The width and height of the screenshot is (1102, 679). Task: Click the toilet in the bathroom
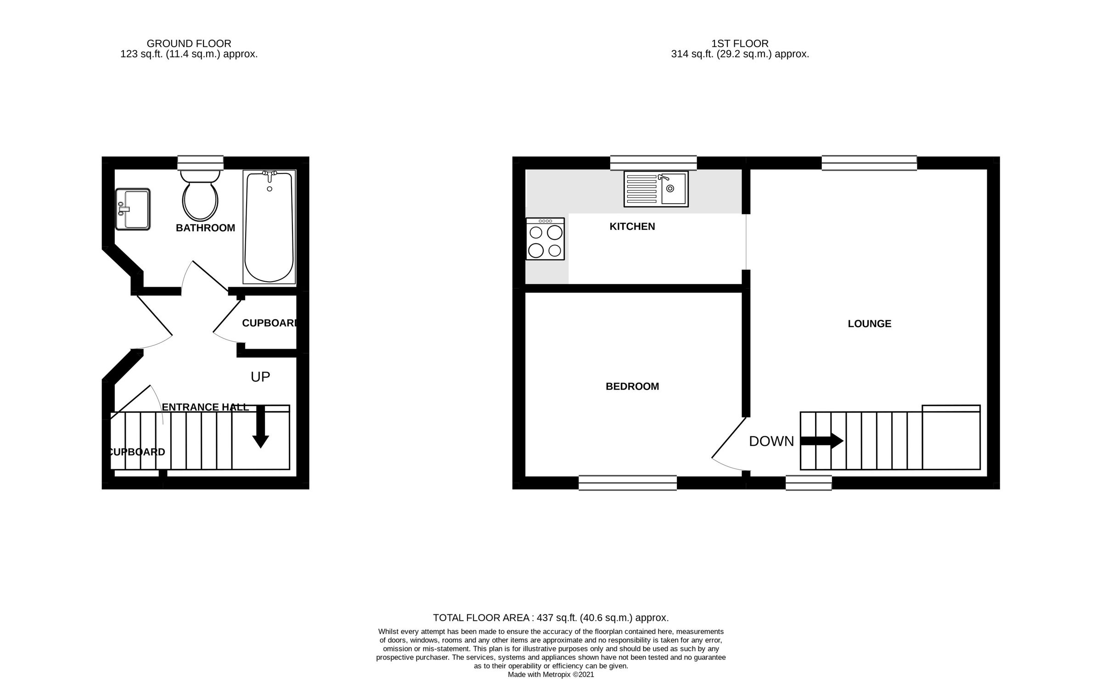[x=200, y=197]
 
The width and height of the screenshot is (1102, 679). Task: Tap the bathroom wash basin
[x=133, y=209]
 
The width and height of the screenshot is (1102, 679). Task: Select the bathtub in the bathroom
[x=269, y=227]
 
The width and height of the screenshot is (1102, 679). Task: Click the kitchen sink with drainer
[x=656, y=189]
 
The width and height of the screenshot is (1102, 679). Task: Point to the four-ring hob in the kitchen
[x=545, y=239]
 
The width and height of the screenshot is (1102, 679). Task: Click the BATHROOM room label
[x=205, y=228]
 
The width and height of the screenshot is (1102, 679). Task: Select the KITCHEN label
[x=632, y=227]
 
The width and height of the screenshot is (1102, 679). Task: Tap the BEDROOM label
[x=632, y=387]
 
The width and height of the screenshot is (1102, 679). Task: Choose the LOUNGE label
[x=869, y=324]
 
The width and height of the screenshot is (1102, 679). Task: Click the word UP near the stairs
[x=260, y=377]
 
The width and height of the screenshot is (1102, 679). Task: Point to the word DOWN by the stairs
[x=771, y=441]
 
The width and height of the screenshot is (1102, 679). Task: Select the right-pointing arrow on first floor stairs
[x=822, y=441]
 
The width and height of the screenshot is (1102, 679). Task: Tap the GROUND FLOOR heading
[x=189, y=44]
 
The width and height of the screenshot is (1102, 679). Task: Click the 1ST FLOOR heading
[x=740, y=44]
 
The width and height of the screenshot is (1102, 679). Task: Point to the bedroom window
[x=627, y=483]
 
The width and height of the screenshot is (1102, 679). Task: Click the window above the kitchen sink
[x=653, y=163]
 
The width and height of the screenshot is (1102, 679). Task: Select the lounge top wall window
[x=869, y=163]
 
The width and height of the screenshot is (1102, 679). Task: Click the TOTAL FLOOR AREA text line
[x=551, y=618]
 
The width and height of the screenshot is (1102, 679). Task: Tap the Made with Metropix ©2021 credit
[x=551, y=674]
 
